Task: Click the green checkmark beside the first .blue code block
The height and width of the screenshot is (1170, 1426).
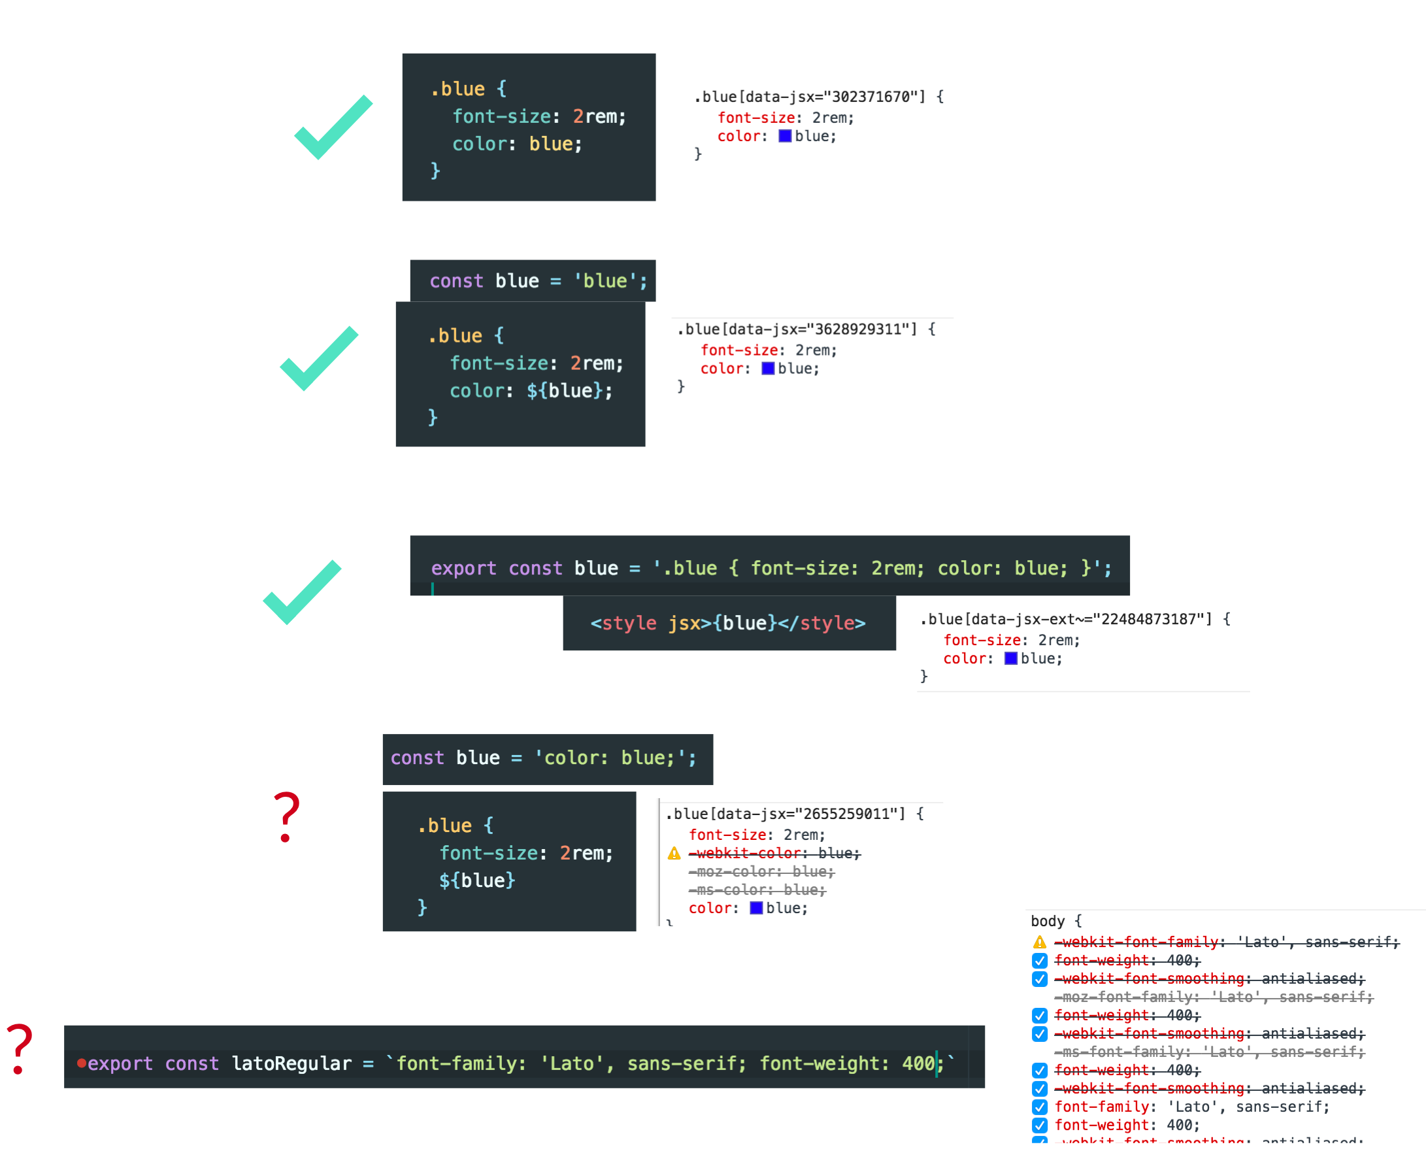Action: pyautogui.click(x=333, y=127)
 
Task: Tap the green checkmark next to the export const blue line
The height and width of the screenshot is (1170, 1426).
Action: pyautogui.click(x=302, y=592)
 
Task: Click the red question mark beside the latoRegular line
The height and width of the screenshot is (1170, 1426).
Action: pyautogui.click(x=20, y=1048)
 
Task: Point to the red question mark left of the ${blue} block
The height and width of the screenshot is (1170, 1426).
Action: pyautogui.click(x=286, y=817)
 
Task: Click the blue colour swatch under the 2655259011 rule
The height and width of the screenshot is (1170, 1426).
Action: pyautogui.click(x=756, y=909)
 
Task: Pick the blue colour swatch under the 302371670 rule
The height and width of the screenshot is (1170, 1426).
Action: pyautogui.click(x=785, y=136)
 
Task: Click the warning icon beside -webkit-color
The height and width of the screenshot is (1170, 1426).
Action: pyautogui.click(x=674, y=854)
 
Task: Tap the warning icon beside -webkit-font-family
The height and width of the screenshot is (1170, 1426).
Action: pyautogui.click(x=1040, y=942)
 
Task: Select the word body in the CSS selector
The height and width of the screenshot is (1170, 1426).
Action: pyautogui.click(x=1047, y=922)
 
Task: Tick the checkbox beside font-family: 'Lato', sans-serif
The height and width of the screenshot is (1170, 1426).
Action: pyautogui.click(x=1040, y=1107)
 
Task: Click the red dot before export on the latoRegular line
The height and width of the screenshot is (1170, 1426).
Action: pyautogui.click(x=82, y=1063)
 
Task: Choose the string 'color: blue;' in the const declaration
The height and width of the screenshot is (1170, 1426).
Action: pyautogui.click(x=614, y=758)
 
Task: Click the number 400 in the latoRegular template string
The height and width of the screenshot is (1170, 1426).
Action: pyautogui.click(x=918, y=1063)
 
